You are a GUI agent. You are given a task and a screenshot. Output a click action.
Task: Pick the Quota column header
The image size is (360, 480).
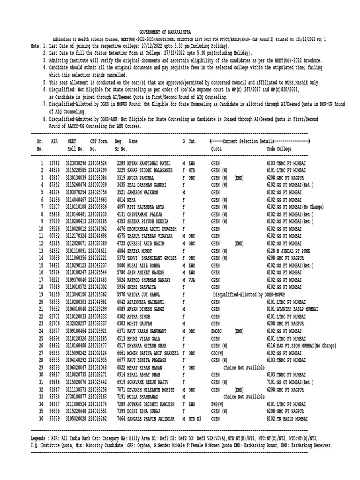(x=216, y=149)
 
